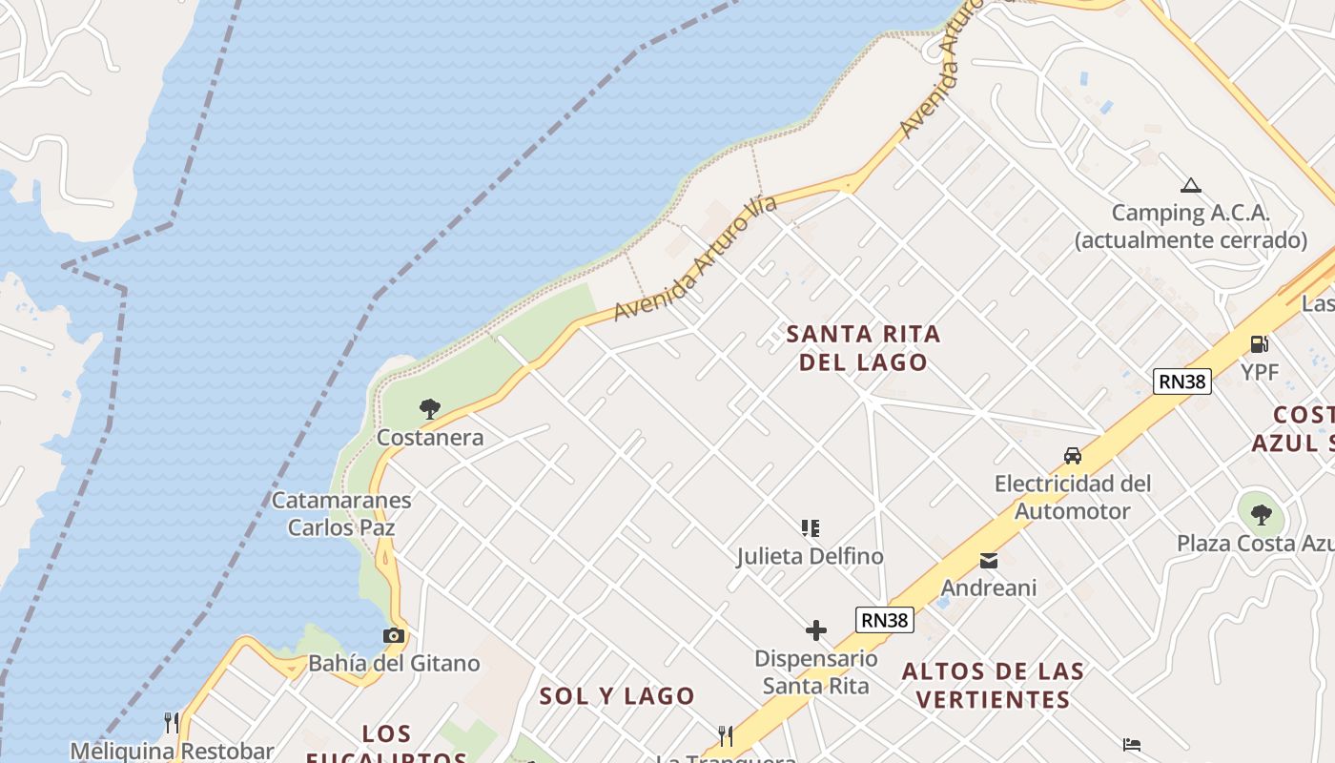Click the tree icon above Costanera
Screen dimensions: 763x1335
(430, 409)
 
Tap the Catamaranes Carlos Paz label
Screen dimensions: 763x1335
(341, 513)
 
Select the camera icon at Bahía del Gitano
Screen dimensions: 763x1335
(393, 635)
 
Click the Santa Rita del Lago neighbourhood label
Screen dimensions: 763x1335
(863, 347)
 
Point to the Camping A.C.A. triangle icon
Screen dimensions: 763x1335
(1190, 185)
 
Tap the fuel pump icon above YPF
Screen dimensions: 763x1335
(1259, 344)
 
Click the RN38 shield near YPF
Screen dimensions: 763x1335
(1181, 381)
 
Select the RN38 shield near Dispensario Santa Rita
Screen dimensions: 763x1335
(884, 620)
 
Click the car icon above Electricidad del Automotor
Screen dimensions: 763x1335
(1073, 456)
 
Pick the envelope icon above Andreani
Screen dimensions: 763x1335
(989, 561)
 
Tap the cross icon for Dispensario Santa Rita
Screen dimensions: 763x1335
(816, 630)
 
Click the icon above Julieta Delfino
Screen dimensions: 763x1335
(810, 527)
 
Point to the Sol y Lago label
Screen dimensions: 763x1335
(617, 696)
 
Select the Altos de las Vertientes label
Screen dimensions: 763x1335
(993, 685)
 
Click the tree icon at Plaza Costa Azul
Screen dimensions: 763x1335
(1262, 515)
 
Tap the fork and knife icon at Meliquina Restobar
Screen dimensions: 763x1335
(172, 722)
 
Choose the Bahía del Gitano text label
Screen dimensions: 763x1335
(394, 663)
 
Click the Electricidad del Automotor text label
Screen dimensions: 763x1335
(1073, 497)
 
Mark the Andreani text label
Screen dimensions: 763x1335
(989, 588)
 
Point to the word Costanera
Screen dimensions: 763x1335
(430, 438)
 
